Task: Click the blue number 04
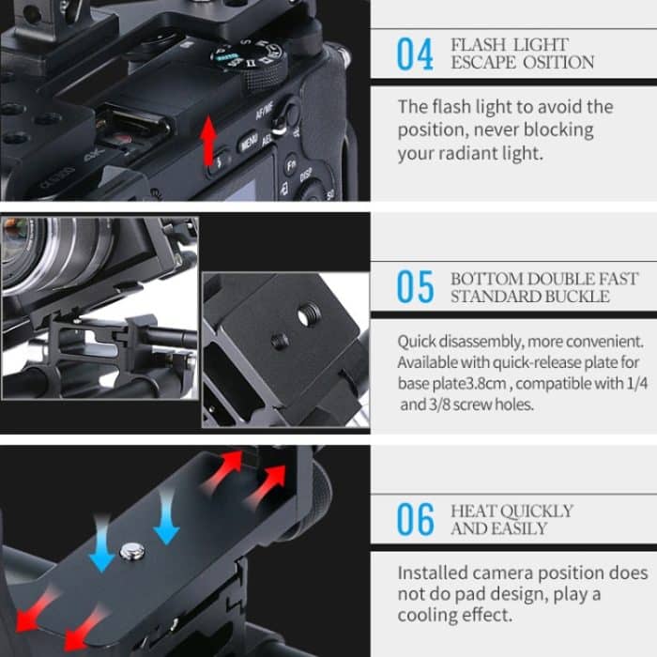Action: click(x=415, y=54)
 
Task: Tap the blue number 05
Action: click(x=415, y=287)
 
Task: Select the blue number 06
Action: click(x=415, y=519)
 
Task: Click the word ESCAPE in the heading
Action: click(x=481, y=63)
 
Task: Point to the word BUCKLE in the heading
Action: click(x=575, y=297)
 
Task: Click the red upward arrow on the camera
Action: click(x=208, y=141)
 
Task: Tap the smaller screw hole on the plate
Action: click(x=278, y=342)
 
